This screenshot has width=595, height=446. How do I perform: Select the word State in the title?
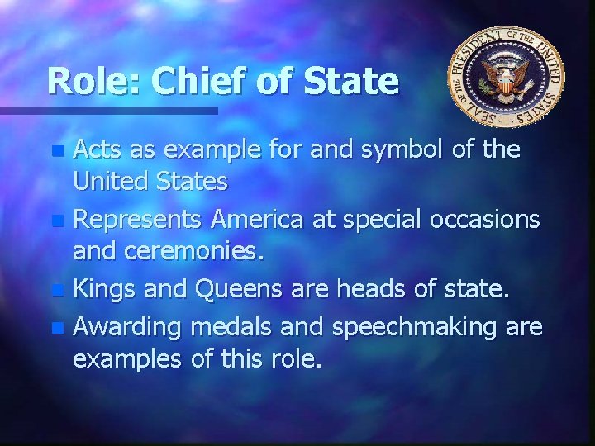tap(352, 80)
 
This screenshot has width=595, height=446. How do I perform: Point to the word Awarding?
tap(127, 326)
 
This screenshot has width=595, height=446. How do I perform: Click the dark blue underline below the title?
tap(107, 110)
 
